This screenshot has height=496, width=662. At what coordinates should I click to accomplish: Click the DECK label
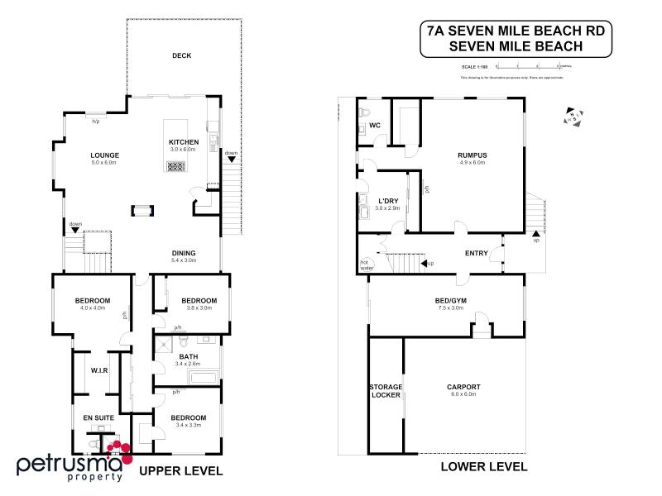point(181,55)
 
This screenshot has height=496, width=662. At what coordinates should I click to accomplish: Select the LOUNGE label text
point(106,155)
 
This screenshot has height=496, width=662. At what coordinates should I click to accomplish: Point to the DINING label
point(183,253)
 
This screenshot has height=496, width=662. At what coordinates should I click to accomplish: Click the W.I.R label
point(100,370)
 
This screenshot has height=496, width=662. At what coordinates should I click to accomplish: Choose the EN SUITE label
point(98,418)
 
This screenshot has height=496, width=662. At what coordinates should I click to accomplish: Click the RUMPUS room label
point(472,155)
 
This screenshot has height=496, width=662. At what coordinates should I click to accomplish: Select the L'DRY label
point(388,201)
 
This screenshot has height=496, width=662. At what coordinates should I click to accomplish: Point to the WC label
point(373,126)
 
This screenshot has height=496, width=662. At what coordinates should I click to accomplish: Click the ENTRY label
point(477,254)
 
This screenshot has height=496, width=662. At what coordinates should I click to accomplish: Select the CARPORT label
point(463,387)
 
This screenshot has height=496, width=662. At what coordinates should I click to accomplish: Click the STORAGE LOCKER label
point(385,390)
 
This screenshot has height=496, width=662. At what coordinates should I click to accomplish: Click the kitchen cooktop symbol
point(175,166)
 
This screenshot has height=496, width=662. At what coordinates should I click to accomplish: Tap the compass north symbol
point(572,117)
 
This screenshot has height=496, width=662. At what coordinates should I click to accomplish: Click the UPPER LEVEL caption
point(180,471)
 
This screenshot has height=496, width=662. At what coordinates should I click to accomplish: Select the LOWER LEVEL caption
point(485,466)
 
